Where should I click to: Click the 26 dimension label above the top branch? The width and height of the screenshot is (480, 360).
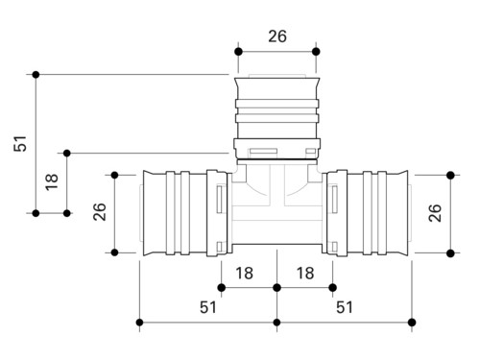[277, 36]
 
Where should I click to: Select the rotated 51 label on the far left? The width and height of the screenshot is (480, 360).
[20, 143]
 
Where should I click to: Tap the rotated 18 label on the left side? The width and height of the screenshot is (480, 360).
[52, 182]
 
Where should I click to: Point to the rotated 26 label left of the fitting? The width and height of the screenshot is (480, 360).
[99, 211]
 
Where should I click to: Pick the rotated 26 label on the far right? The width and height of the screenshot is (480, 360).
[435, 213]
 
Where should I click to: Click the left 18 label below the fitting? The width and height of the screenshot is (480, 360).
[244, 274]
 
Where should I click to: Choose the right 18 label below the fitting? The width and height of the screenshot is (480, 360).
[305, 274]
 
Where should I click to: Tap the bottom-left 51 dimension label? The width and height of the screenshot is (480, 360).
[208, 307]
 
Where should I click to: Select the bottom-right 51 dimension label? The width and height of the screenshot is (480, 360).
[345, 307]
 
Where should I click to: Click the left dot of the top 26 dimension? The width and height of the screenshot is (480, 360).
[238, 52]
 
